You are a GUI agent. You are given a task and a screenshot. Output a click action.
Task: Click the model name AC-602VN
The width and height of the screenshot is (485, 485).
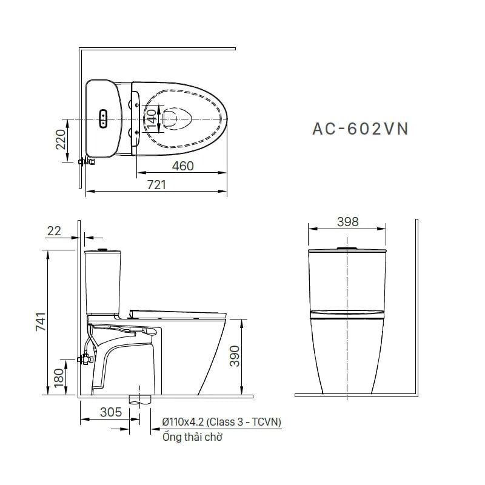click(x=360, y=129)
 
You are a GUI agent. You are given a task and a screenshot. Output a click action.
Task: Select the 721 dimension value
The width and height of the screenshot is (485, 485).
click(x=156, y=185)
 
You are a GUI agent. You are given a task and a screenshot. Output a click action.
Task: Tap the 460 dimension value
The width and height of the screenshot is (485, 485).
click(x=183, y=166)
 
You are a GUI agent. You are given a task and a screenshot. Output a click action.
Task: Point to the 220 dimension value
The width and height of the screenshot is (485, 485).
click(x=61, y=139)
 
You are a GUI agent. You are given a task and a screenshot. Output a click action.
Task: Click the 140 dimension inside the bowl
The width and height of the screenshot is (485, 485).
click(x=152, y=119)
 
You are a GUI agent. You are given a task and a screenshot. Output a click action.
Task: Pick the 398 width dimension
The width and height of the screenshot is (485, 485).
click(x=347, y=222)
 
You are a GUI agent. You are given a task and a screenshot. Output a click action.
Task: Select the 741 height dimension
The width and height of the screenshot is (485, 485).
click(x=41, y=322)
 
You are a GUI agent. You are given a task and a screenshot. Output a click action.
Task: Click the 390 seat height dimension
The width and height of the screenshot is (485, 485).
click(x=235, y=356)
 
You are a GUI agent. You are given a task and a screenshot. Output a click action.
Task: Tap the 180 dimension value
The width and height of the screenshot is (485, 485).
click(x=59, y=378)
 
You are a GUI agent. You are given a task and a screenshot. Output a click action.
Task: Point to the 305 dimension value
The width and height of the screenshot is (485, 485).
click(x=111, y=412)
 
